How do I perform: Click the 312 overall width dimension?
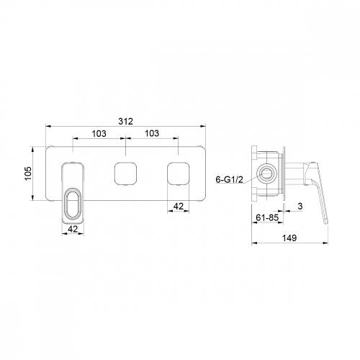coord(125,121)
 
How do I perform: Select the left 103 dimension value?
coord(99,133)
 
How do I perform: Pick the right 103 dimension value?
coord(152,133)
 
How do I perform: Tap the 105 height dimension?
coord(28,174)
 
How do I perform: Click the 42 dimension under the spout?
coord(73,229)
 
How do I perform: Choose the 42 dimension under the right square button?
coord(179,206)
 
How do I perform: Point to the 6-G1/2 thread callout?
coord(230,179)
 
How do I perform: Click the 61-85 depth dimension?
coord(267,217)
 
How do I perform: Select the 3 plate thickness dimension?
coord(300,206)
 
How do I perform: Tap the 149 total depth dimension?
coord(289,238)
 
